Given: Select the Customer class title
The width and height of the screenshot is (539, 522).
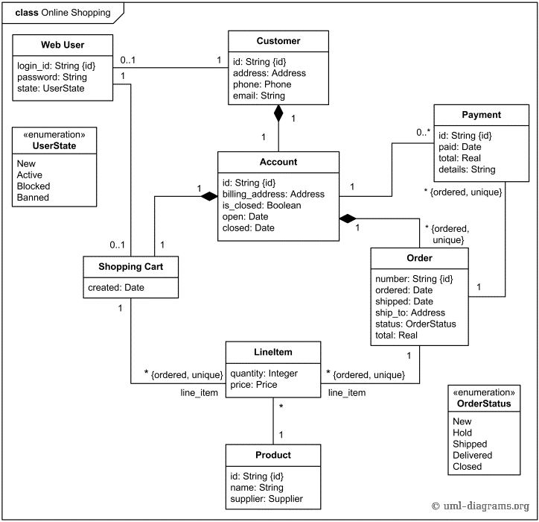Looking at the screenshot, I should point(278,41).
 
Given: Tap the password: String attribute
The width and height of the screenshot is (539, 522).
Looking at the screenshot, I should point(51,77).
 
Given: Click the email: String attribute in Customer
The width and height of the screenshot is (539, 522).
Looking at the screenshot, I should point(258,95).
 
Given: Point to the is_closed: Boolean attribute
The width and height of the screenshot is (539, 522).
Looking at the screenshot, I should point(261,205).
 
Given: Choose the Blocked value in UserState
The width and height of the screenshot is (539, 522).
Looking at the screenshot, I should point(34,186).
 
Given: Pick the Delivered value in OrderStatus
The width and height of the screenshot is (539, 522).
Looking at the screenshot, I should point(472,455).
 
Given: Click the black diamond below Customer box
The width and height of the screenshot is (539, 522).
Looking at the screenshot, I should point(278,114).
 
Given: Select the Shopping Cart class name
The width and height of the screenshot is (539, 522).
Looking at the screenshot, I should point(131,266).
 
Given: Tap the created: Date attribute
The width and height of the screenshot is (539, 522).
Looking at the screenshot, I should point(117,288).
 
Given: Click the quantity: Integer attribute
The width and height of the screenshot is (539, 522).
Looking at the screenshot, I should point(264,374).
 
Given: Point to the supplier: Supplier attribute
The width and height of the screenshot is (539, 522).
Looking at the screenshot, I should point(267,499).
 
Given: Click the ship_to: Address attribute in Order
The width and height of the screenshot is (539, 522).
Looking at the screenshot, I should point(410,312).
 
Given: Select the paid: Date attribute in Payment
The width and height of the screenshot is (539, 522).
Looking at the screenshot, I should point(459,147).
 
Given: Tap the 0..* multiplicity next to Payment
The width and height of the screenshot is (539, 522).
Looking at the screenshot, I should point(423,132).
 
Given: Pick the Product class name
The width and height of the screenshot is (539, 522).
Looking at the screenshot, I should point(273,455).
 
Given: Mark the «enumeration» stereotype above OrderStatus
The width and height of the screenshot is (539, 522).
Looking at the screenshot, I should point(483,392).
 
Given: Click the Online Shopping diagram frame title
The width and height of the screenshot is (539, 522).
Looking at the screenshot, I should point(63,12).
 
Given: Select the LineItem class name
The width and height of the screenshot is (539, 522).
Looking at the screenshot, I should point(272,353).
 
